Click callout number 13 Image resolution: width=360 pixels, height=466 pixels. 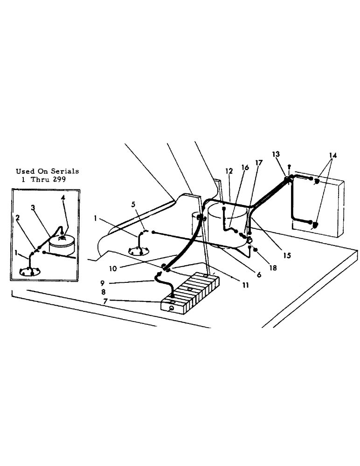click(x=276, y=154)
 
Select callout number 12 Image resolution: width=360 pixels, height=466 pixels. click(x=228, y=171)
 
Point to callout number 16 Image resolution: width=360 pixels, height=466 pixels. click(x=245, y=167)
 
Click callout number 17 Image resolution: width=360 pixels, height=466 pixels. click(x=259, y=163)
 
